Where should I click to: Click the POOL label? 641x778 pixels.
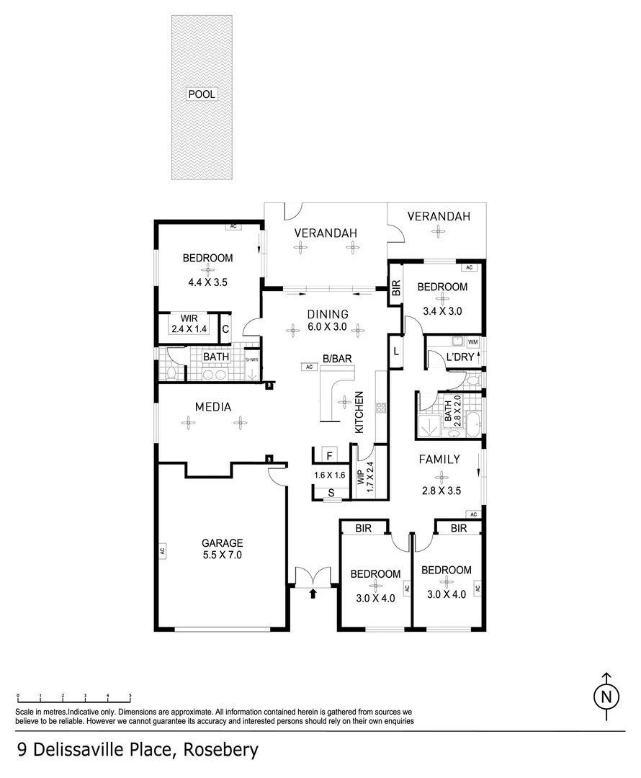(202, 94)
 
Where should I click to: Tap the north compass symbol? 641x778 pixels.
(606, 697)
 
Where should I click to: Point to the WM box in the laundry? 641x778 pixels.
(472, 341)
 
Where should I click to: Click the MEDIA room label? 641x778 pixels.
(213, 407)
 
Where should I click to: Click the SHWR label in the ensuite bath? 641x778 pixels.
(251, 360)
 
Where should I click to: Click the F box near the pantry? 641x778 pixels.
(329, 455)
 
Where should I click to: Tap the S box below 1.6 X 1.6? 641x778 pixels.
(330, 493)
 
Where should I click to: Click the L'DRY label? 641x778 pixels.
(460, 357)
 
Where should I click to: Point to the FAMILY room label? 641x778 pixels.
(439, 459)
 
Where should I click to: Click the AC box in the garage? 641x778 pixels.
(163, 553)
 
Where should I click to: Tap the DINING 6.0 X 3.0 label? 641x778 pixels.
(328, 320)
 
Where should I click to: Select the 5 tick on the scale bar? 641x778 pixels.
(130, 697)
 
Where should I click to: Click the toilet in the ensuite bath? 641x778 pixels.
(170, 372)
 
